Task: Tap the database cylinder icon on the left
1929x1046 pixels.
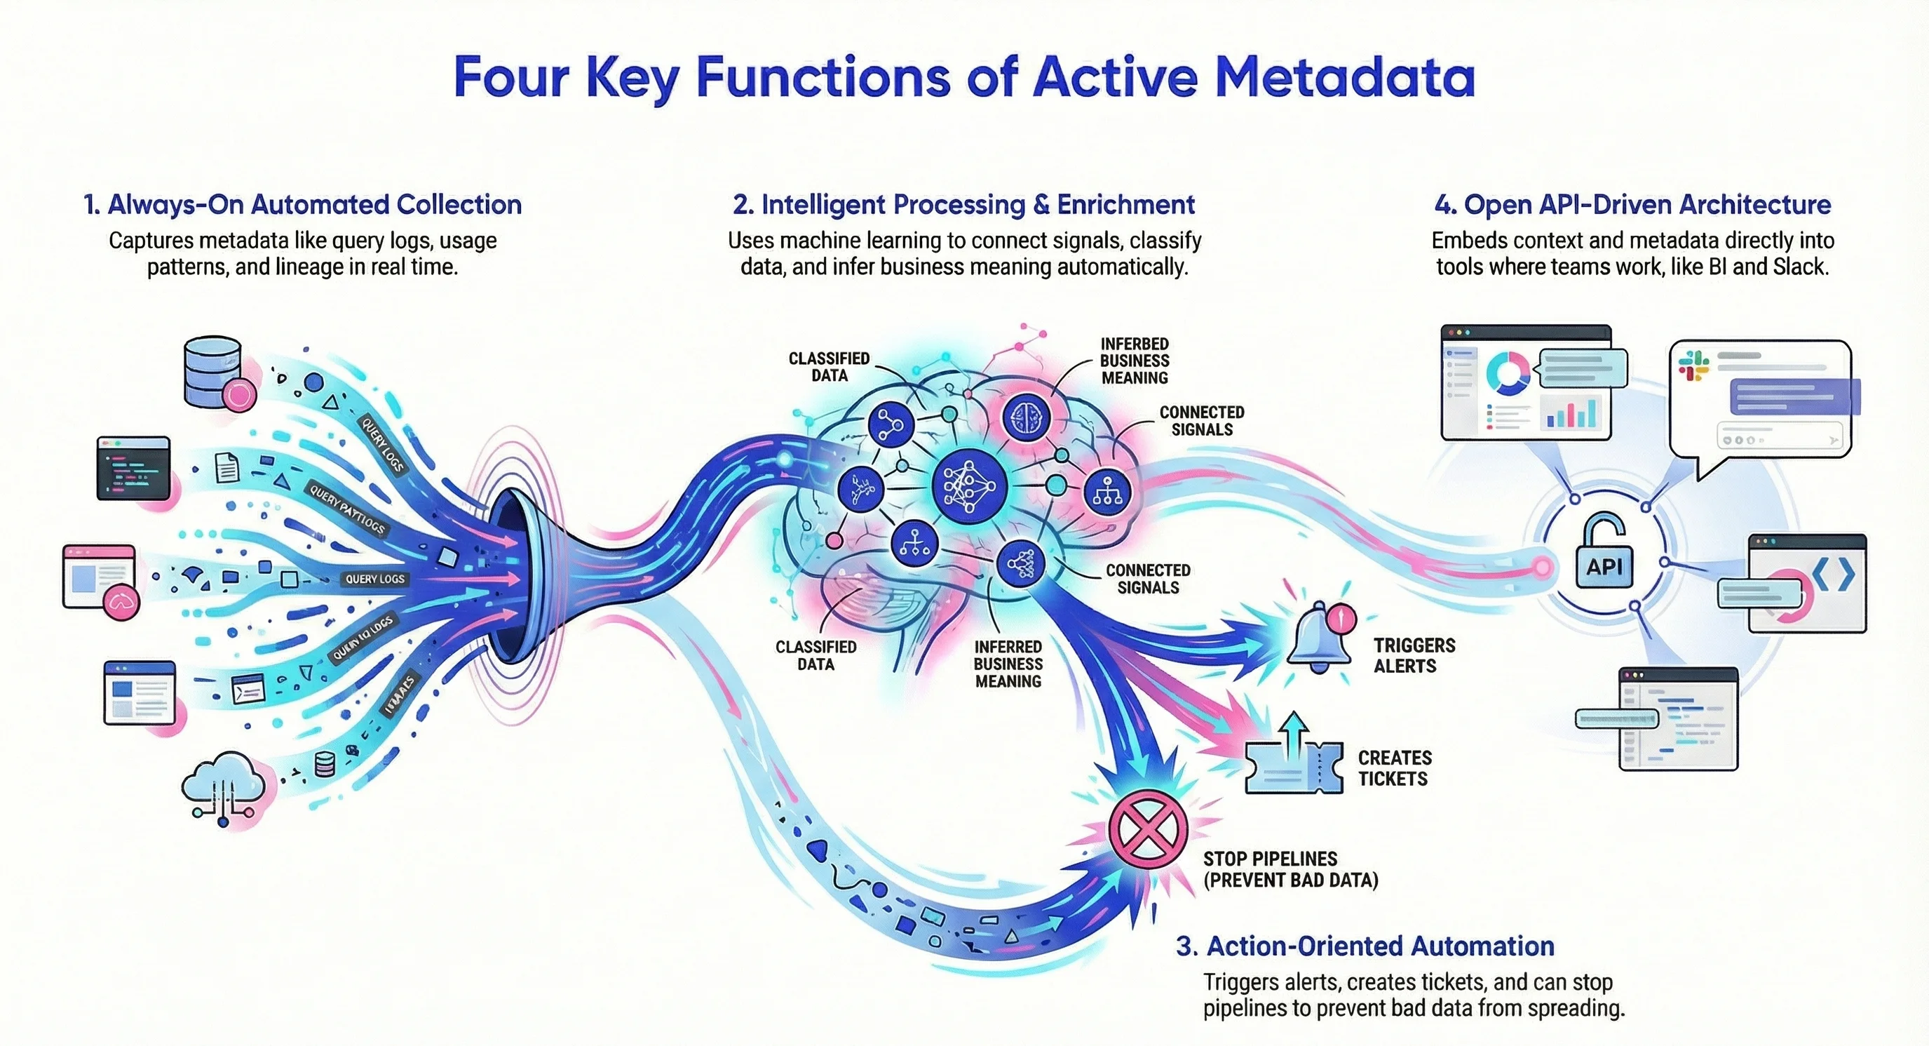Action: [x=212, y=373]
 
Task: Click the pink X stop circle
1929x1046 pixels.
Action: [x=1147, y=829]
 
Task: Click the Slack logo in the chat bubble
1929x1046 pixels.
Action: [x=1693, y=366]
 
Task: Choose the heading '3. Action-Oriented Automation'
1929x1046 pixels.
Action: [x=1365, y=946]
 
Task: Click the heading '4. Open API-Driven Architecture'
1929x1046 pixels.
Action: [x=1632, y=205]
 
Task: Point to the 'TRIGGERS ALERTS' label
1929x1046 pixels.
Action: [x=1414, y=656]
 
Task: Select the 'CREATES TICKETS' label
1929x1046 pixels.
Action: [x=1394, y=768]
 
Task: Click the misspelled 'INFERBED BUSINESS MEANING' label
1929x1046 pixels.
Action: [x=1135, y=361]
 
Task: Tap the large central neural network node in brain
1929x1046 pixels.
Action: [x=968, y=486]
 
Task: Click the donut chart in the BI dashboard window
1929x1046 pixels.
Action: [x=1508, y=373]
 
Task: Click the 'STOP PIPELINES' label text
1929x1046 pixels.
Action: [x=1270, y=859]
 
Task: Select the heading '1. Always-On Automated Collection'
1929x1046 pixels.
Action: [x=302, y=205]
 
